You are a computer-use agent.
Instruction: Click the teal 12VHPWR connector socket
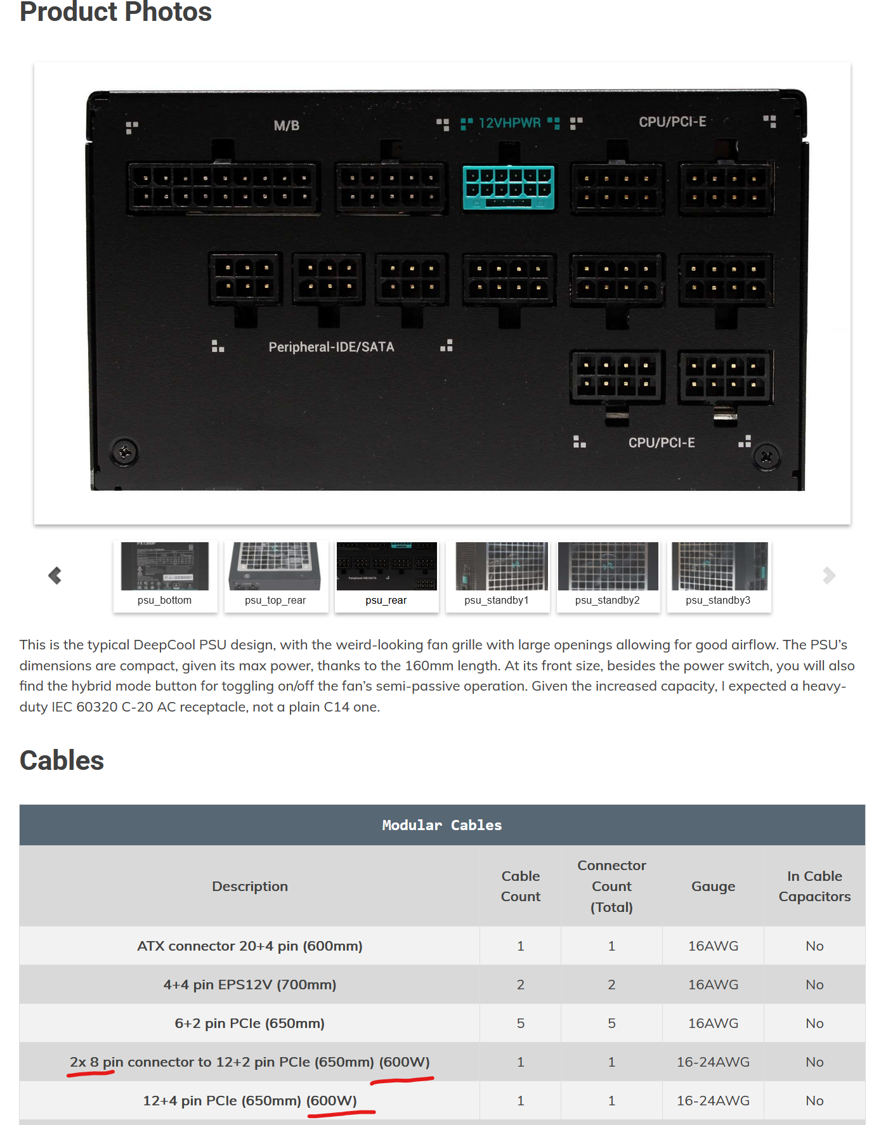508,187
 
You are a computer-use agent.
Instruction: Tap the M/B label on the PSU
286,126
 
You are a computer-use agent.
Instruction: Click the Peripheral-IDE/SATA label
331,347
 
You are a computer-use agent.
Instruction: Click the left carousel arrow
55,575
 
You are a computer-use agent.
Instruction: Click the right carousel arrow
828,575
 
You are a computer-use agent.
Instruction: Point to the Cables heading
62,760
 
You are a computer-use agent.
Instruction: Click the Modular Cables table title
441,825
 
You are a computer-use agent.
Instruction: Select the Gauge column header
713,886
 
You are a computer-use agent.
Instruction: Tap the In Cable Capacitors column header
814,886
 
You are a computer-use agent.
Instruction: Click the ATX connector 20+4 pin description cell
250,946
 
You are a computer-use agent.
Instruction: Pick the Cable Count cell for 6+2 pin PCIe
521,1023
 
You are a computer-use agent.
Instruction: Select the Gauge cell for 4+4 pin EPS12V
713,984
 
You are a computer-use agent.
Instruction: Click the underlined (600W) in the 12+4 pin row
332,1100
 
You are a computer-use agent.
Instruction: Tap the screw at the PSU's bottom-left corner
124,452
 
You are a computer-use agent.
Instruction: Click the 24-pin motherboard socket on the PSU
223,188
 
